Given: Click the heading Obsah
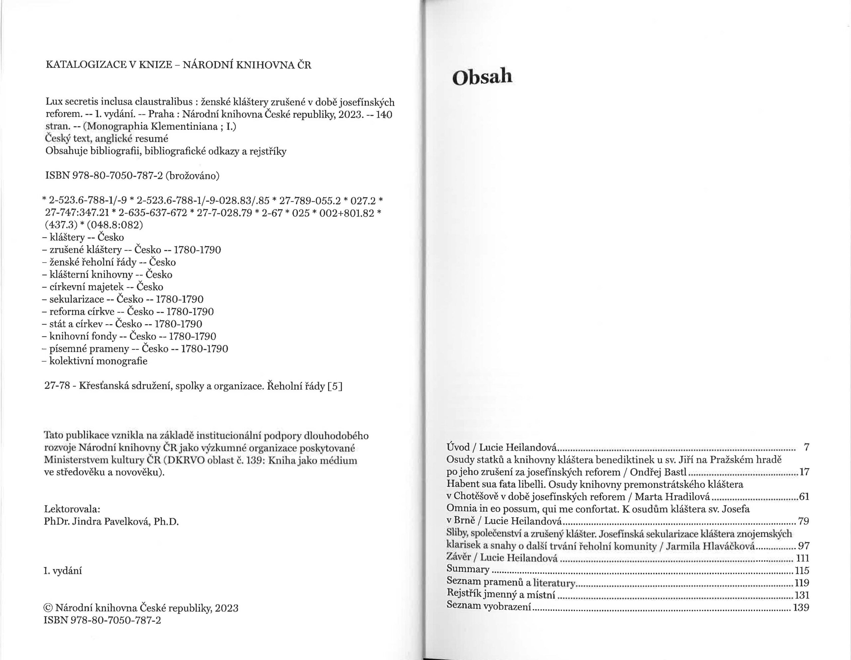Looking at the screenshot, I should click(482, 77).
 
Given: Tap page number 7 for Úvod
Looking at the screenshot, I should click(806, 447).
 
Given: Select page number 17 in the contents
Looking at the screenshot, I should click(804, 472).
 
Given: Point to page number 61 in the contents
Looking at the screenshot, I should click(804, 497).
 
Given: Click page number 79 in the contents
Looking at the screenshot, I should click(803, 521).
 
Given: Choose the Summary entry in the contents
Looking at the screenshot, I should click(468, 569).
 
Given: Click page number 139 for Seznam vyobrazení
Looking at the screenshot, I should click(801, 607).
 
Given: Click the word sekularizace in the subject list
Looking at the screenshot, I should click(77, 299).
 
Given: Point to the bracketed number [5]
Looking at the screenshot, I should click(335, 386).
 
